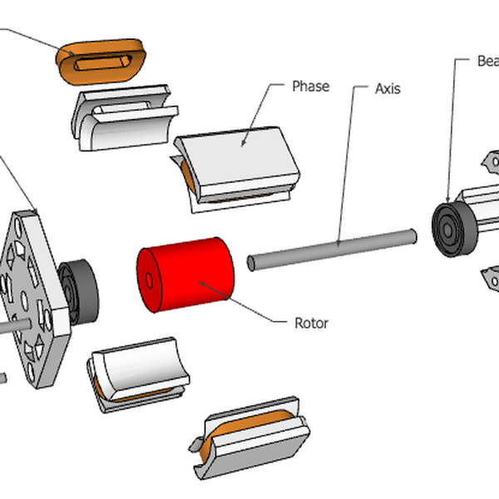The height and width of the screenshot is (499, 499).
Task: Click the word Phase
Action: point(310,86)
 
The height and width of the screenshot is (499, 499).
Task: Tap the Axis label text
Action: point(388,88)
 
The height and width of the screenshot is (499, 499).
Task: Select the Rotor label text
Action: point(311,323)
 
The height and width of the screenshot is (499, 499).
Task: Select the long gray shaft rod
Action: point(333,246)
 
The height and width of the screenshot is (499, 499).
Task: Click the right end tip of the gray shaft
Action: point(411,235)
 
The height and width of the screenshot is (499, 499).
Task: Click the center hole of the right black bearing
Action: point(450,228)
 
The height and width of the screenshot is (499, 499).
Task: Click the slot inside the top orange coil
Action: point(100,62)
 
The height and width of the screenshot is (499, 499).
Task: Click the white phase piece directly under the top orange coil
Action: point(125,116)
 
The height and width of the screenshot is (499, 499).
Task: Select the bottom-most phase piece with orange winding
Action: point(249,441)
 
